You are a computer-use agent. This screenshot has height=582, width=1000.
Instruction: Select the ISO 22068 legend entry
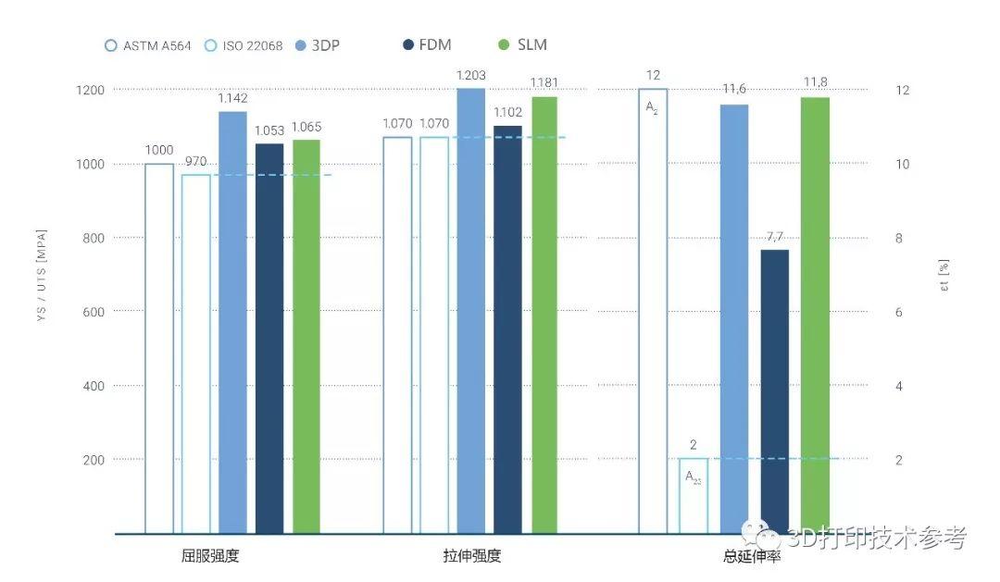click(x=244, y=44)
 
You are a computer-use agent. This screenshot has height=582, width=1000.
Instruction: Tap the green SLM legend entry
click(x=522, y=44)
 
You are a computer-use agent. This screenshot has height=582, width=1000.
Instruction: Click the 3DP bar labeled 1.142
click(x=232, y=322)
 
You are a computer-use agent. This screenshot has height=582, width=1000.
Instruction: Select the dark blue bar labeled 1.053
click(x=269, y=339)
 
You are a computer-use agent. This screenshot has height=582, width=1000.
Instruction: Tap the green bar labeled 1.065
click(x=306, y=337)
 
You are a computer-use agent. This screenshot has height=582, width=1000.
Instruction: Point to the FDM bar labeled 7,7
click(x=774, y=391)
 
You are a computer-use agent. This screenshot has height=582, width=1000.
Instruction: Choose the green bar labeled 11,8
click(x=815, y=316)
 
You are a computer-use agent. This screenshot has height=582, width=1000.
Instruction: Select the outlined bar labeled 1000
click(x=159, y=349)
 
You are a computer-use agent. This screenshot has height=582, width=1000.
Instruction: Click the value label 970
click(x=195, y=161)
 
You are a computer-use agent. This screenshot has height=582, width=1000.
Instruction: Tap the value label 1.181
click(x=544, y=83)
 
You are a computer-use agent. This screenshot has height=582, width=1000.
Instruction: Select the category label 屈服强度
click(x=212, y=556)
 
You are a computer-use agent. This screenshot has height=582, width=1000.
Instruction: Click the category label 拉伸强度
click(x=472, y=556)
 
